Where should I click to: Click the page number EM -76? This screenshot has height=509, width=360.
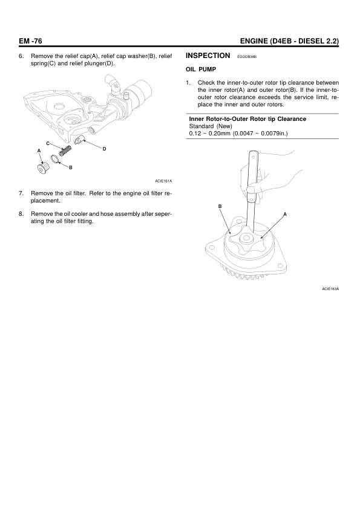coord(30,41)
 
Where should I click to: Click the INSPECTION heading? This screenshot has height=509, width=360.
coord(208,56)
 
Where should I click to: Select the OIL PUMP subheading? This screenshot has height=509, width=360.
coord(201,70)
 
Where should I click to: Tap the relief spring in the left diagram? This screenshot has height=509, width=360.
coord(65,151)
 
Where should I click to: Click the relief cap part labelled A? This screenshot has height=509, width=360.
coord(42,169)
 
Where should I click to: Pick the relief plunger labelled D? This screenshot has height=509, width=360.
coord(79,140)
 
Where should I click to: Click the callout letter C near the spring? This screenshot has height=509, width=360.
coord(48,143)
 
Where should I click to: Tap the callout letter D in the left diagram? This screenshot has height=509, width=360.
coord(104,149)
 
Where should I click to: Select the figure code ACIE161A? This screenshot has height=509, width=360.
coord(163,181)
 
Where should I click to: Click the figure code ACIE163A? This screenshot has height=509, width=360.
coord(330,289)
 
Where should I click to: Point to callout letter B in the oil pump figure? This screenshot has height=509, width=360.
coord(220,206)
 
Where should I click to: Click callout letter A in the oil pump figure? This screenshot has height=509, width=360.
coord(285,214)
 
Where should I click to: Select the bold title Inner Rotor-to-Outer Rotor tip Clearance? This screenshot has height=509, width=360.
coord(247,119)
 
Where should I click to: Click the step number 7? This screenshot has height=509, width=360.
coord(21,193)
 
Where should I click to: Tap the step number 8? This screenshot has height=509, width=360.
coord(21,214)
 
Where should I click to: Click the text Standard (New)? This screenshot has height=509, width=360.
coord(211,126)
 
